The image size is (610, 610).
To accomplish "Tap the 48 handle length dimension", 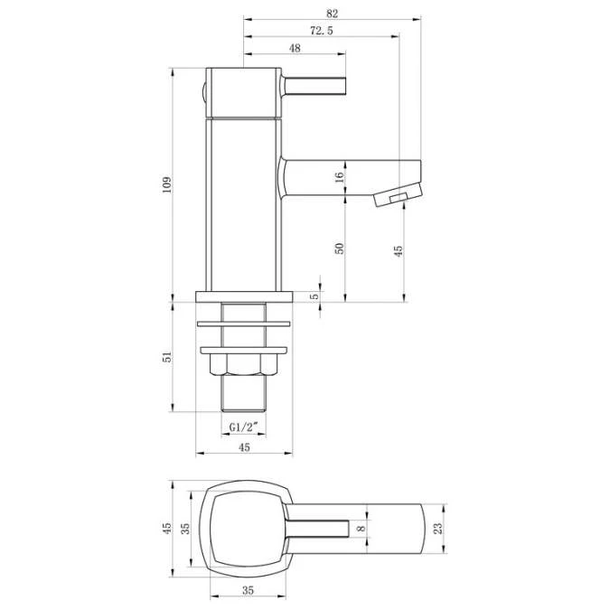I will (296, 49).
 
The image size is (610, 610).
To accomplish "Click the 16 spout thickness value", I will (341, 178).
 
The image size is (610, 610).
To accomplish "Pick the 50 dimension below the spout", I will (341, 247).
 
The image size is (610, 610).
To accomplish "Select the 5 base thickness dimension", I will (314, 296).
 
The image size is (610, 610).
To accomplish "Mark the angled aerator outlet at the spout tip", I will (395, 196).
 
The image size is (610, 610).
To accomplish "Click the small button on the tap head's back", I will (203, 91).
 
